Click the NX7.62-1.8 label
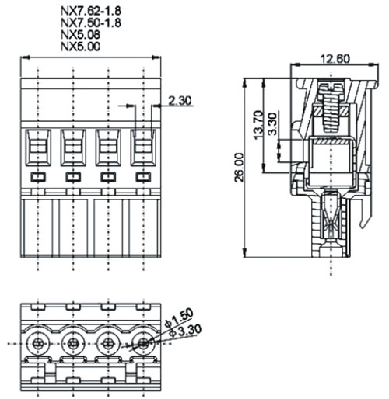(91, 11)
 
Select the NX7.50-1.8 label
(91, 23)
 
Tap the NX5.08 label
(80, 35)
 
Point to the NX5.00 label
(80, 47)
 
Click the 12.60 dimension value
(335, 59)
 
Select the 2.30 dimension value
(180, 100)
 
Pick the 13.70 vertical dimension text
(258, 125)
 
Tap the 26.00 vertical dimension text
(239, 168)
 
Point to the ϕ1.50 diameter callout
(179, 317)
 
